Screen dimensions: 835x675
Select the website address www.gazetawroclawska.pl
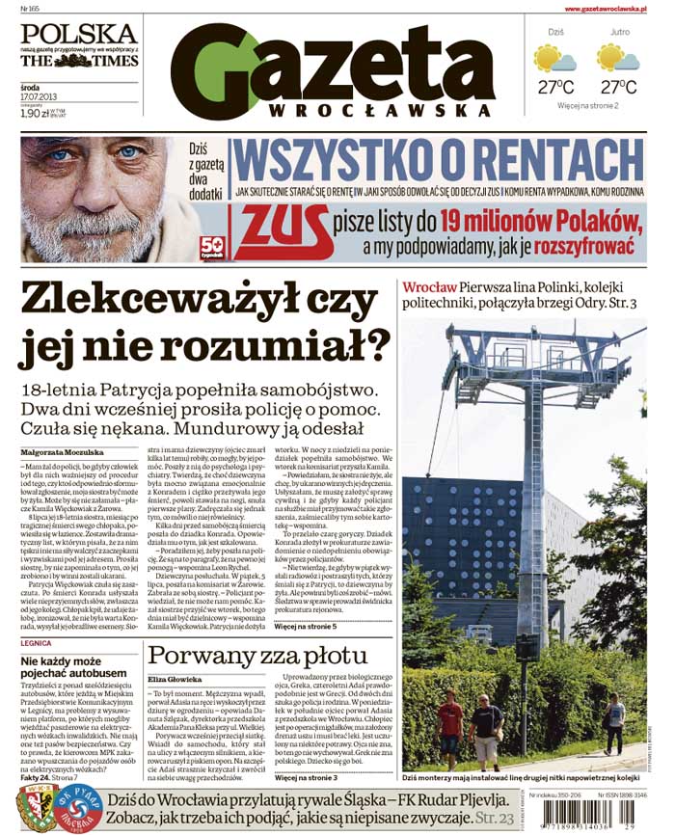click(x=612, y=9)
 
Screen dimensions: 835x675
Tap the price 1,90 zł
click(x=36, y=113)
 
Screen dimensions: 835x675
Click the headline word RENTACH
click(x=537, y=161)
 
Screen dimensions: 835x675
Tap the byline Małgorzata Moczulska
click(x=60, y=450)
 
